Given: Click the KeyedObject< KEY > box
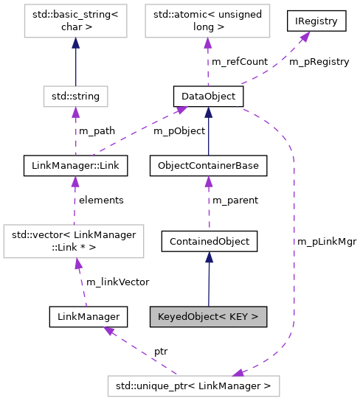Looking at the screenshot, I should [208, 317].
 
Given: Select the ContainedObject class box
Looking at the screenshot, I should [210, 240].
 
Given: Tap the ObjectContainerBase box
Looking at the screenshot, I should [208, 166].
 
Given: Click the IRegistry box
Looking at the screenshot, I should [317, 21].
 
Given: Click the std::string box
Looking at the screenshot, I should [75, 95].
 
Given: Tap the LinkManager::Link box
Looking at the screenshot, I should [75, 166].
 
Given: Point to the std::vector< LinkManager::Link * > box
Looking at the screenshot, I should [73, 240].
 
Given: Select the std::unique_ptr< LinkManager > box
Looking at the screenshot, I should [193, 384].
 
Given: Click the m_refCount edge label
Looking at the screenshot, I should [239, 61].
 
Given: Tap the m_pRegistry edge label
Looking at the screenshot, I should [319, 61].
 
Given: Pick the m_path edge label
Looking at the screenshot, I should [97, 130].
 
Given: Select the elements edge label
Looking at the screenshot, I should [101, 200].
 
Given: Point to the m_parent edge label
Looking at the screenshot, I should [235, 200].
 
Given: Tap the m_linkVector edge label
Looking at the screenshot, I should [117, 282].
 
